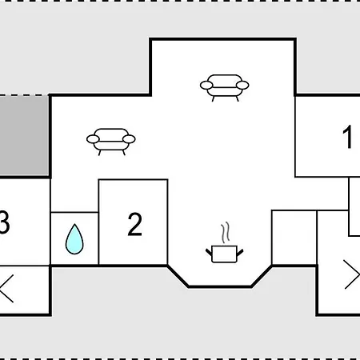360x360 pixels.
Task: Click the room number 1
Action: [x=347, y=137]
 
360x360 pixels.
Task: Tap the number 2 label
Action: [x=134, y=224]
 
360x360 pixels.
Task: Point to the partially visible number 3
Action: [x=5, y=222]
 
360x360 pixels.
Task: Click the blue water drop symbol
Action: [x=74, y=239]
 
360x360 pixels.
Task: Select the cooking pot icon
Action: [x=224, y=254]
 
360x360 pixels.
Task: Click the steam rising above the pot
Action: [x=226, y=232]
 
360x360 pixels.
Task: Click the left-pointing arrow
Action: [x=6, y=289]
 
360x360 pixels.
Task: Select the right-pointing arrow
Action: [x=351, y=274]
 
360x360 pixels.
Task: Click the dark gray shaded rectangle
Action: [x=24, y=135]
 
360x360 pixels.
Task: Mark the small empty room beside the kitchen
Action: [x=294, y=238]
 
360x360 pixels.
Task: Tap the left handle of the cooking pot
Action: [x=209, y=252]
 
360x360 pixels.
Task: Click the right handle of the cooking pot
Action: [x=240, y=252]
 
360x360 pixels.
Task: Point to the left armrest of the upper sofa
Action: [x=206, y=86]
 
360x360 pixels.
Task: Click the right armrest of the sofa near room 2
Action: [x=129, y=139]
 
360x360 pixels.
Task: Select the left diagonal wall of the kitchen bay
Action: [x=178, y=276]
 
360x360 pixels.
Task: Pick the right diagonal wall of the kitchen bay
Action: [x=262, y=276]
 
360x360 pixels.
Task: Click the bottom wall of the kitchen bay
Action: [x=220, y=286]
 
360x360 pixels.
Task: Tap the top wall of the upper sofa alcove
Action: [x=223, y=39]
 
